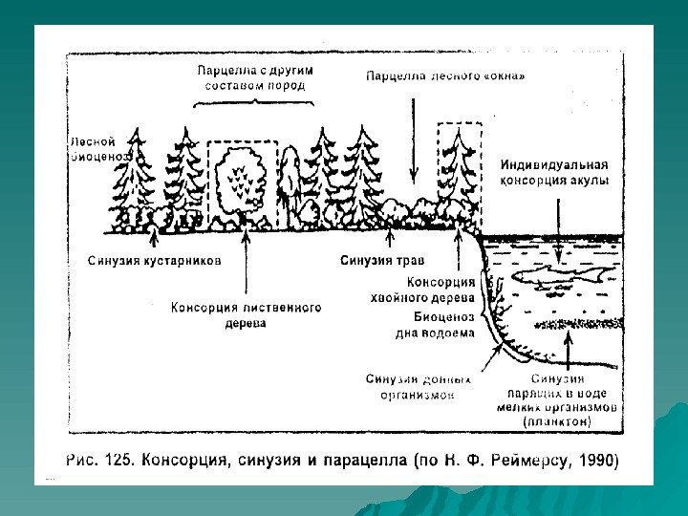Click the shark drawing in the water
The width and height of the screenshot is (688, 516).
563,278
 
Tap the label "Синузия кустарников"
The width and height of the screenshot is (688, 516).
155,260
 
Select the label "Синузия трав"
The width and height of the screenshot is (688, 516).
382,260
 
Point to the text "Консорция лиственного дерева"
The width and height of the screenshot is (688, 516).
246,315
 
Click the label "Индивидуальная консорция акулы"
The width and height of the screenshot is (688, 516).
554,171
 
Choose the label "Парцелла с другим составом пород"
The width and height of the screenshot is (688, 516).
255,77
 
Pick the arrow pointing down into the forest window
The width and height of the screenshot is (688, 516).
412,134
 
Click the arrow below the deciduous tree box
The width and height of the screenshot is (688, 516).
246,263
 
